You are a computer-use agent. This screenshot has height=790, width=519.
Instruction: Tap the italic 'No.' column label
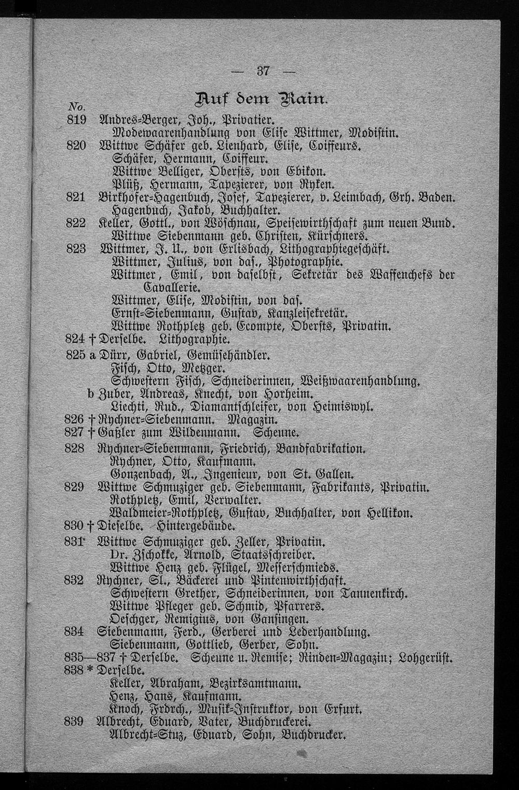[76, 107]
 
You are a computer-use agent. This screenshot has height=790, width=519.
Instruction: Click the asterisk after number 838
[92, 670]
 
